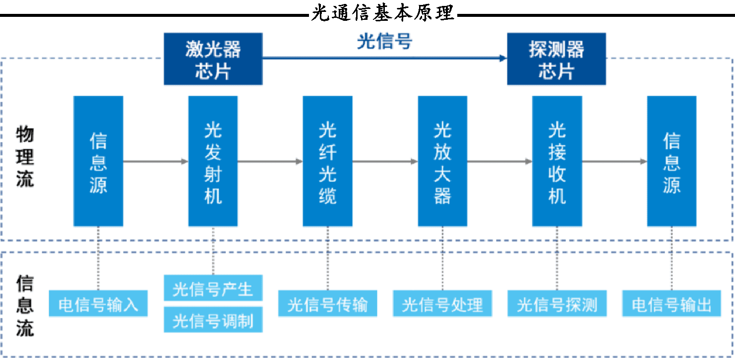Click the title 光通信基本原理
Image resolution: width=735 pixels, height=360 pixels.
tap(382, 13)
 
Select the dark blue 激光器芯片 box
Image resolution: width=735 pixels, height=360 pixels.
tap(213, 59)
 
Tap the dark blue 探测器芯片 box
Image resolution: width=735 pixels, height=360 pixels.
tap(556, 59)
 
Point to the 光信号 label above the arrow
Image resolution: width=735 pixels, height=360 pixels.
tap(384, 41)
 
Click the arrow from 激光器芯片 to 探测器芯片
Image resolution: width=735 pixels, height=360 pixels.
tap(385, 59)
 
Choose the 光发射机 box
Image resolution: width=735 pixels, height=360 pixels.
tap(213, 161)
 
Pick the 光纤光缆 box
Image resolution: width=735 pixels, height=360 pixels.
tap(327, 161)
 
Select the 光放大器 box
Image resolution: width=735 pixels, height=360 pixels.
tap(442, 161)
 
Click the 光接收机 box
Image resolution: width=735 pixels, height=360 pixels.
tap(557, 161)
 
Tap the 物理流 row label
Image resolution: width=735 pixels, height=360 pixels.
tap(25, 156)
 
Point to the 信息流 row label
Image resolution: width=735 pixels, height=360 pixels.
tap(25, 306)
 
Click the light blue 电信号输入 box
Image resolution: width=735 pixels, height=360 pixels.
tap(98, 303)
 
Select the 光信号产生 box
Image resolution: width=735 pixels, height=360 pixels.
tap(213, 288)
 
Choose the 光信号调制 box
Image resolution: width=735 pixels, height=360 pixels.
tap(213, 320)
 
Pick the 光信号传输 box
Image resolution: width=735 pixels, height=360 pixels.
tap(327, 303)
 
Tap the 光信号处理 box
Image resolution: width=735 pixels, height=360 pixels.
tap(442, 303)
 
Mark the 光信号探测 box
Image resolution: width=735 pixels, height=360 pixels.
tap(557, 303)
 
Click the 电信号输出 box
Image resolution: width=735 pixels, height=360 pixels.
tap(672, 303)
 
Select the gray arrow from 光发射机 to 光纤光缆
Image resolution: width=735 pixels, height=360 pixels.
tap(270, 161)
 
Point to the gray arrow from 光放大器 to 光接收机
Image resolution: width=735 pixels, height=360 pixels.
tap(500, 161)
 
